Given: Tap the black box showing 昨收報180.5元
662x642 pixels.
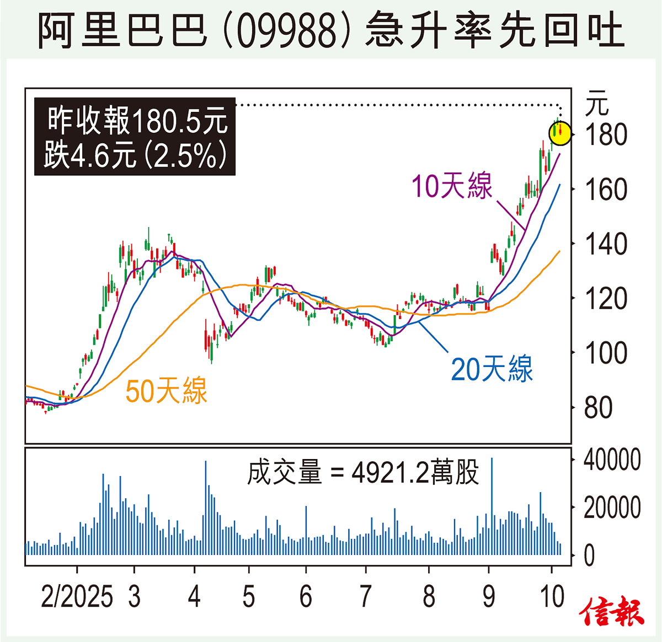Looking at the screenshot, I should click(135, 137).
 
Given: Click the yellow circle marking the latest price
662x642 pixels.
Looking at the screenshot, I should click(560, 133).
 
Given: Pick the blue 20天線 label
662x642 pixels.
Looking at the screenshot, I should click(492, 369).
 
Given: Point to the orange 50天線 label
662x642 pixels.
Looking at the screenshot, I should click(166, 391).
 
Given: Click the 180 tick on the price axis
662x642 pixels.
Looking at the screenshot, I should click(606, 135).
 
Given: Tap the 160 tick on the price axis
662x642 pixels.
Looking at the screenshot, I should click(606, 190).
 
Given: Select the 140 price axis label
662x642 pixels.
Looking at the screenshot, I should click(606, 244).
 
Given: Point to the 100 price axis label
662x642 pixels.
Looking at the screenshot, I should click(606, 353).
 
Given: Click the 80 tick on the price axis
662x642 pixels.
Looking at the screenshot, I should click(598, 408).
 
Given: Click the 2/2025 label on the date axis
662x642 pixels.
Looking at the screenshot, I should click(77, 597).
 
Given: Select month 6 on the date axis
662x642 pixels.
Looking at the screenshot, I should click(306, 597).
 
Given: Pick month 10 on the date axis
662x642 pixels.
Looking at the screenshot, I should click(552, 597).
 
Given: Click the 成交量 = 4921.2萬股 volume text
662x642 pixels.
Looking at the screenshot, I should click(363, 473).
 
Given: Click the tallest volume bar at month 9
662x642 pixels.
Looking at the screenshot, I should click(492, 507).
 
